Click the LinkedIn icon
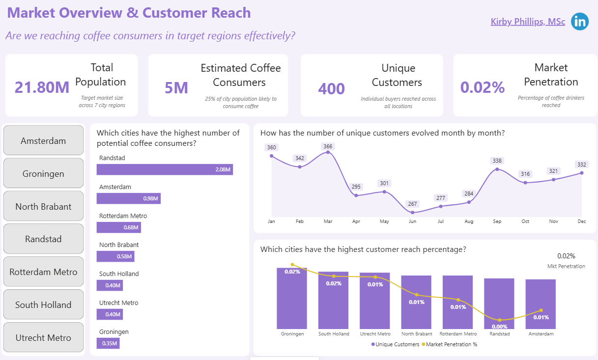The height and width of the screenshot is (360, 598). point(580,22)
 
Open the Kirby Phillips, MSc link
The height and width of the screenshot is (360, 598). point(528,22)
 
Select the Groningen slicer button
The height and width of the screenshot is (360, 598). point(43,173)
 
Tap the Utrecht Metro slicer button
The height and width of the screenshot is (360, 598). point(43,337)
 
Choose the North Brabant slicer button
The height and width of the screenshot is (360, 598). point(43,206)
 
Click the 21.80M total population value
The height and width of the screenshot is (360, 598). point(42,87)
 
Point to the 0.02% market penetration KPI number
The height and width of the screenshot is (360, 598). point(482,87)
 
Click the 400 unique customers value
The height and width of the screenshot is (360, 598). point(331,89)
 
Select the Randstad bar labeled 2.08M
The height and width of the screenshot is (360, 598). point(165,169)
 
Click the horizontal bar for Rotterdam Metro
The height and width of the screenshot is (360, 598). point(118,227)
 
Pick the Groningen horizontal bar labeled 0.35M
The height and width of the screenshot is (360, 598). point(108,343)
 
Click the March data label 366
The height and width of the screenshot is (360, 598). point(328,146)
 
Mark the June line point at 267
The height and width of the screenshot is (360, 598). point(412,212)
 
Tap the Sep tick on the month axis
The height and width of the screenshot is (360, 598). point(497,222)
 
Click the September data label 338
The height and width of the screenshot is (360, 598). point(497,161)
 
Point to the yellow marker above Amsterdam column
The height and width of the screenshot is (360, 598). point(541,310)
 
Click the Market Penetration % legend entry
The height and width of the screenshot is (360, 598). point(451,344)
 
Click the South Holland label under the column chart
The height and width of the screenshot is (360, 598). point(333,334)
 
